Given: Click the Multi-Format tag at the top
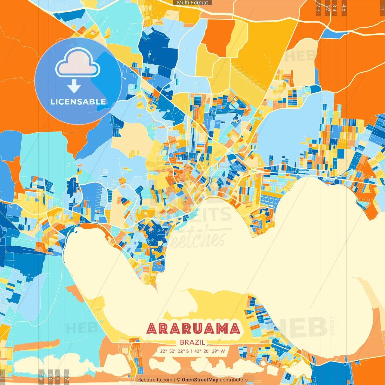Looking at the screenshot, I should point(192,3).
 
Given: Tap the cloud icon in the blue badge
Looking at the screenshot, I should point(78,63).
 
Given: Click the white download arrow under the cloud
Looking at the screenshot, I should point(74,86).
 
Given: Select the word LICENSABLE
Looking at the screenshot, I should point(78,102).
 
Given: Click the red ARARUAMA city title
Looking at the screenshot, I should point(193,328).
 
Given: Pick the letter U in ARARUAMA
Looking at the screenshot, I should point(194,328).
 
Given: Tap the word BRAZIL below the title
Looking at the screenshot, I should point(192,342).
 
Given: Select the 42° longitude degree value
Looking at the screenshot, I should point(198,351).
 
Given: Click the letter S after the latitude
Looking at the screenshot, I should point(188,351).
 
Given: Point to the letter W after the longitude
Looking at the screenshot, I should point(223,351).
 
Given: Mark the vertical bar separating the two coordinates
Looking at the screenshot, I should point(192,351).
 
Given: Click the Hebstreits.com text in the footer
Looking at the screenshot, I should point(155,380).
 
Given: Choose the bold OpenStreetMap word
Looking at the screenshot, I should point(200,380).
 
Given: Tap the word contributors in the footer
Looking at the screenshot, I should point(234,380).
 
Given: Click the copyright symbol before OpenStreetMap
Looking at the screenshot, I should point(178,380).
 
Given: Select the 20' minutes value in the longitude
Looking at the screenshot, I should point(207,351).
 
